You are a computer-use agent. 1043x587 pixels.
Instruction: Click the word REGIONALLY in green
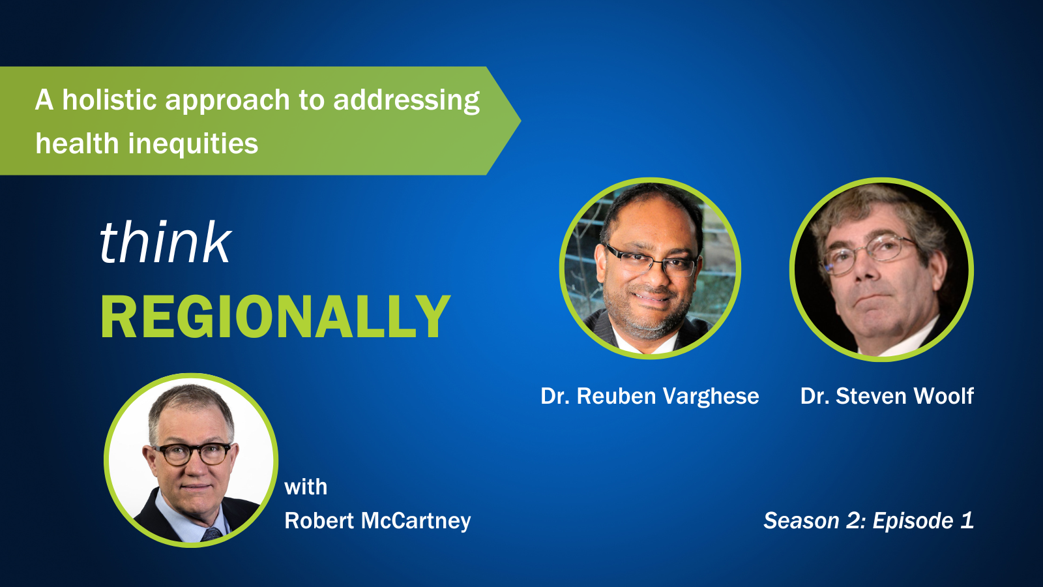pos(275,317)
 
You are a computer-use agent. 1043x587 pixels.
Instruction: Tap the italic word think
pos(166,242)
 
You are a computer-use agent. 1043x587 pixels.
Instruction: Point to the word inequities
pos(193,143)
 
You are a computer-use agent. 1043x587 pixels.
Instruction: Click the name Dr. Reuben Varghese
pos(649,396)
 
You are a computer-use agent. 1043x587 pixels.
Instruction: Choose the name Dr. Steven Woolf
pos(887,396)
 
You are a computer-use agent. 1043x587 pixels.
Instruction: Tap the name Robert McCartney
pos(377,521)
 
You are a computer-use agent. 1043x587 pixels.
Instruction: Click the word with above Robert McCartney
pos(306,487)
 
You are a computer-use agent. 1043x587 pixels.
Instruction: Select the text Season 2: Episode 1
pos(868,520)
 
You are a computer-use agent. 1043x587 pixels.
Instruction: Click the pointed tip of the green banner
pos(520,121)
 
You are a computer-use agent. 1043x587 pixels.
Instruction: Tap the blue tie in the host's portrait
pos(213,534)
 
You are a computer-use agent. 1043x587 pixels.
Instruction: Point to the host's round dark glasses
pos(192,454)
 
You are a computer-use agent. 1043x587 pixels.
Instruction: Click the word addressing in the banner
pos(407,100)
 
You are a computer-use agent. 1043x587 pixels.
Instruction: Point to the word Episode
pos(913,521)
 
